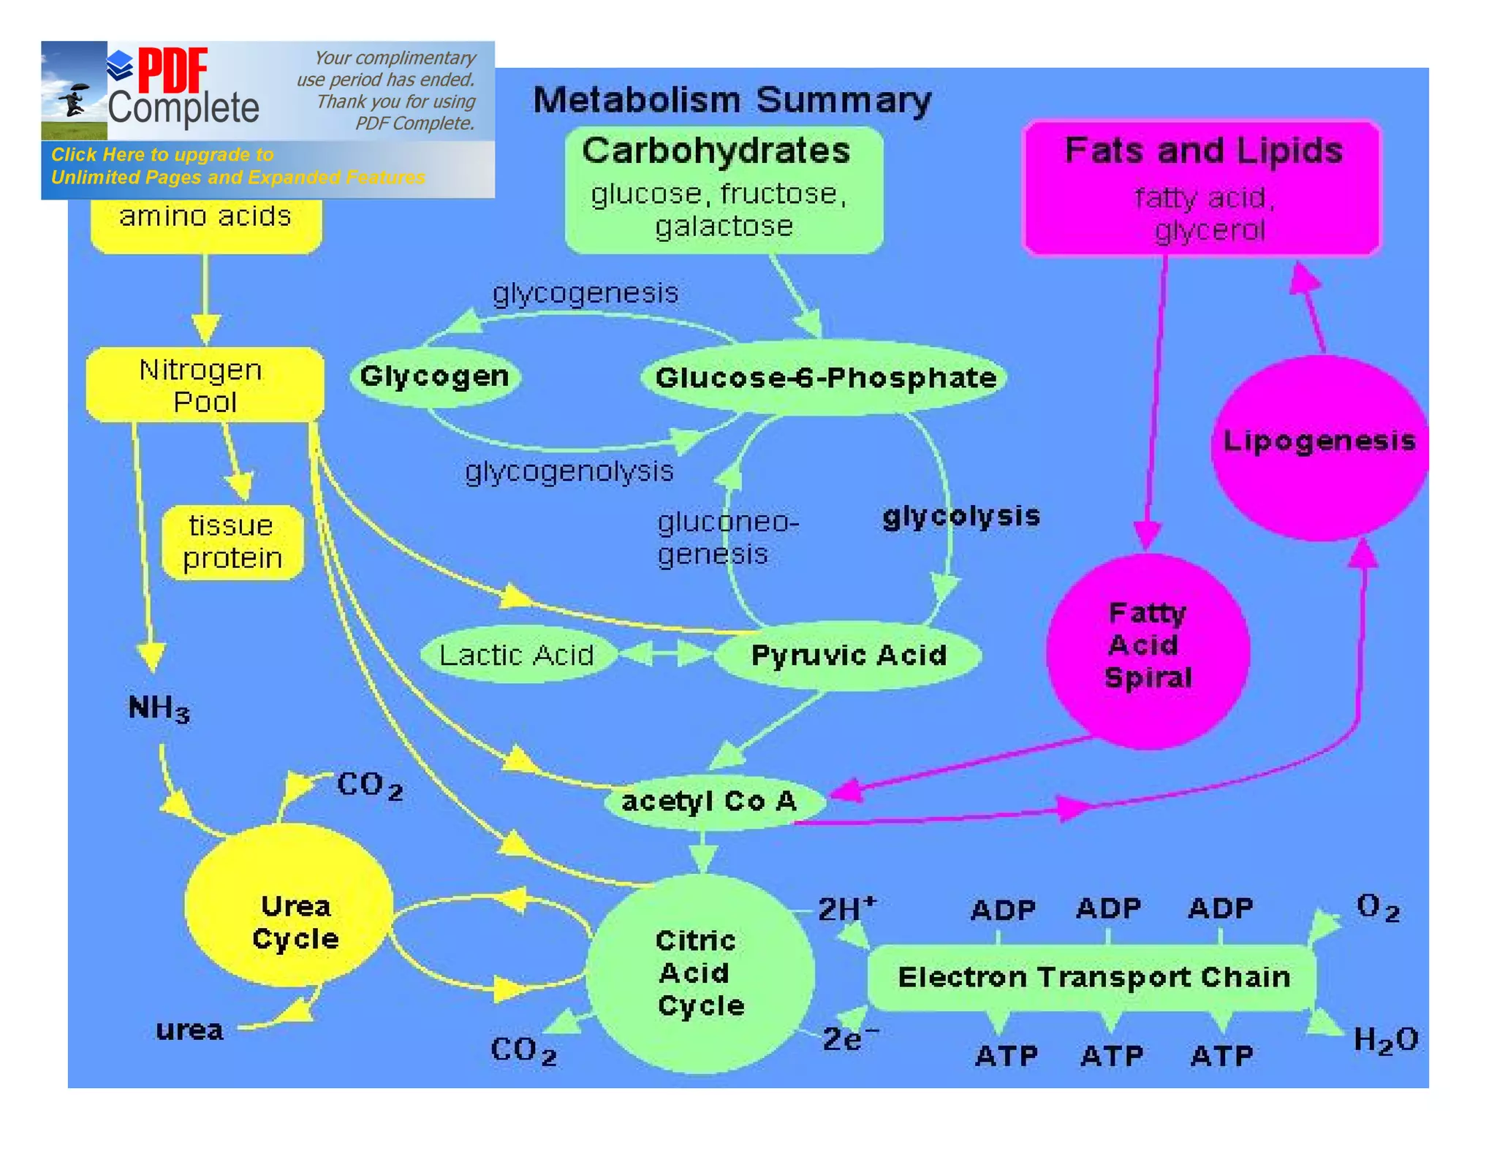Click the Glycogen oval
pyautogui.click(x=435, y=376)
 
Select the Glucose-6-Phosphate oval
pyautogui.click(x=825, y=378)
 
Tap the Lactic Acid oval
pyautogui.click(x=517, y=655)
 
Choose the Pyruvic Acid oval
pyautogui.click(x=848, y=655)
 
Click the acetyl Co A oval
pyautogui.click(x=710, y=802)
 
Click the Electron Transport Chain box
pyautogui.click(x=1094, y=977)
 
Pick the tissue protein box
pyautogui.click(x=232, y=542)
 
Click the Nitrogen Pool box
pyautogui.click(x=204, y=385)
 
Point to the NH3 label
pyautogui.click(x=159, y=708)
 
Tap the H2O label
pyautogui.click(x=1385, y=1040)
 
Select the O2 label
pyautogui.click(x=1378, y=908)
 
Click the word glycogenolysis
pyautogui.click(x=569, y=472)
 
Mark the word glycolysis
pyautogui.click(x=961, y=517)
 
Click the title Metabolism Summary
pyautogui.click(x=732, y=100)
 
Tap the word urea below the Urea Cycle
pyautogui.click(x=189, y=1030)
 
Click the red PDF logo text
pyautogui.click(x=173, y=70)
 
